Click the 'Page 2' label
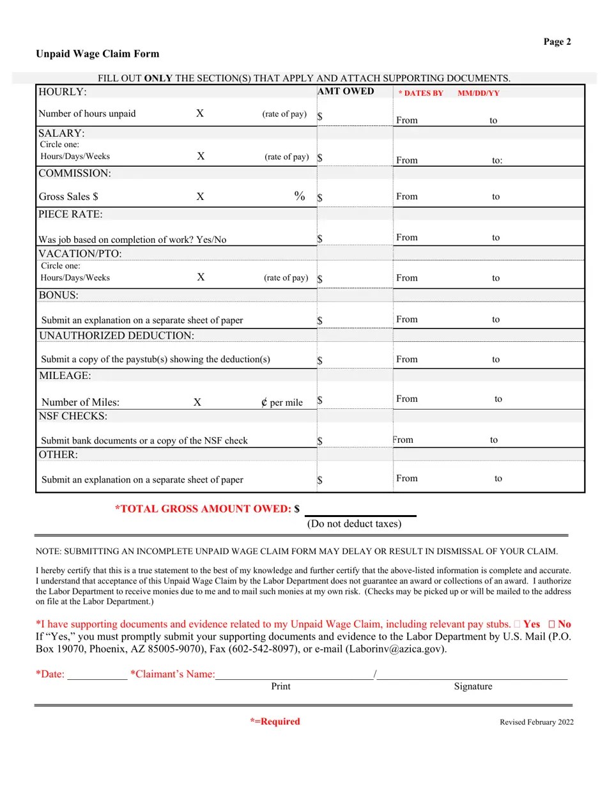pyautogui.click(x=557, y=42)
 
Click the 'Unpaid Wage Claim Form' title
pyautogui.click(x=97, y=54)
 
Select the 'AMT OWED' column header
pyautogui.click(x=346, y=91)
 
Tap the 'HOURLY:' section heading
pyautogui.click(x=63, y=92)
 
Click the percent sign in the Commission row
pyautogui.click(x=299, y=196)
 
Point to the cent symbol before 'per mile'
pyautogui.click(x=264, y=402)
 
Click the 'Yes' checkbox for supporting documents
pyautogui.click(x=517, y=624)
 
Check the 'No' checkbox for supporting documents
pyautogui.click(x=551, y=624)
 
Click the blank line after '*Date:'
pyautogui.click(x=97, y=674)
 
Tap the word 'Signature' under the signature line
pyautogui.click(x=473, y=686)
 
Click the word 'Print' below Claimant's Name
pyautogui.click(x=280, y=686)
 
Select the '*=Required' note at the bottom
pyautogui.click(x=275, y=721)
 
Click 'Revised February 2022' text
pyautogui.click(x=536, y=722)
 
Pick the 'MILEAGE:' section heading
pyautogui.click(x=65, y=376)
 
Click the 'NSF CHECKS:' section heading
pyautogui.click(x=73, y=416)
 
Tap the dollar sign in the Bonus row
pyautogui.click(x=320, y=320)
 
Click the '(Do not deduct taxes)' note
pyautogui.click(x=354, y=524)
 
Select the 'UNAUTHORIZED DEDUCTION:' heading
pyautogui.click(x=116, y=335)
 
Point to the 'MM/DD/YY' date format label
pyautogui.click(x=479, y=93)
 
